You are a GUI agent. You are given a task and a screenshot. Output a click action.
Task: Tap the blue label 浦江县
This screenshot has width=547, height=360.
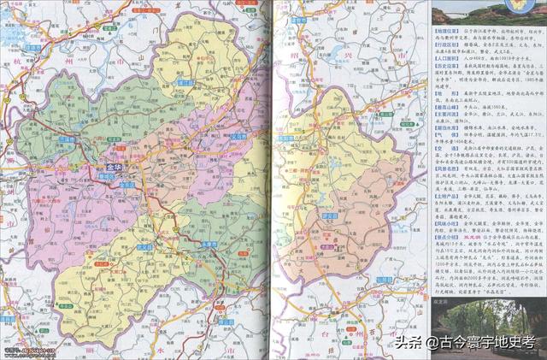click(x=183, y=83)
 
